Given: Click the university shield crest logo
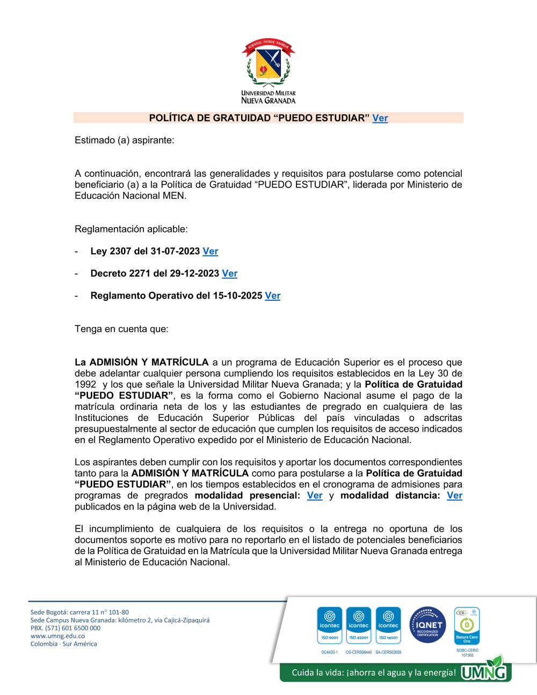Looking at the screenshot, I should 268,62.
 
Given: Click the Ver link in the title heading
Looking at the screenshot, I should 380,118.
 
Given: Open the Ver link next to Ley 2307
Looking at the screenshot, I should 211,251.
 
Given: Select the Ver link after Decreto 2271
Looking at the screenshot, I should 230,273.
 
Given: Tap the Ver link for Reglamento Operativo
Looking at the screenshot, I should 273,296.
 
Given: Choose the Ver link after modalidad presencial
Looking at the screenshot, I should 315,496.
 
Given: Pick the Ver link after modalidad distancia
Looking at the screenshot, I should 454,496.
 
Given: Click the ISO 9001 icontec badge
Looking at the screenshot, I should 330,625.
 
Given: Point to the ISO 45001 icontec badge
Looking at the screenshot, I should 359,625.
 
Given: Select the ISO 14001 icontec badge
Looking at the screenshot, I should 388,625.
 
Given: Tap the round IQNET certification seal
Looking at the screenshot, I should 428,625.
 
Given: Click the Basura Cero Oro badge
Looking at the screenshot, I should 467,626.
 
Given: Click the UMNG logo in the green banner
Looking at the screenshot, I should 484,671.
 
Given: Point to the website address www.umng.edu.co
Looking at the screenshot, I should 57,636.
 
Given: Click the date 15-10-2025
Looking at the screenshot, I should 237,296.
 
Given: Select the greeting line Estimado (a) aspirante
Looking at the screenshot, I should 125,140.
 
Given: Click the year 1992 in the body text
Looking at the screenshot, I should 85,385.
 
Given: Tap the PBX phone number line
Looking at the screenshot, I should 66,628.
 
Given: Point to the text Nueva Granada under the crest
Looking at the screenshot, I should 268,100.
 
